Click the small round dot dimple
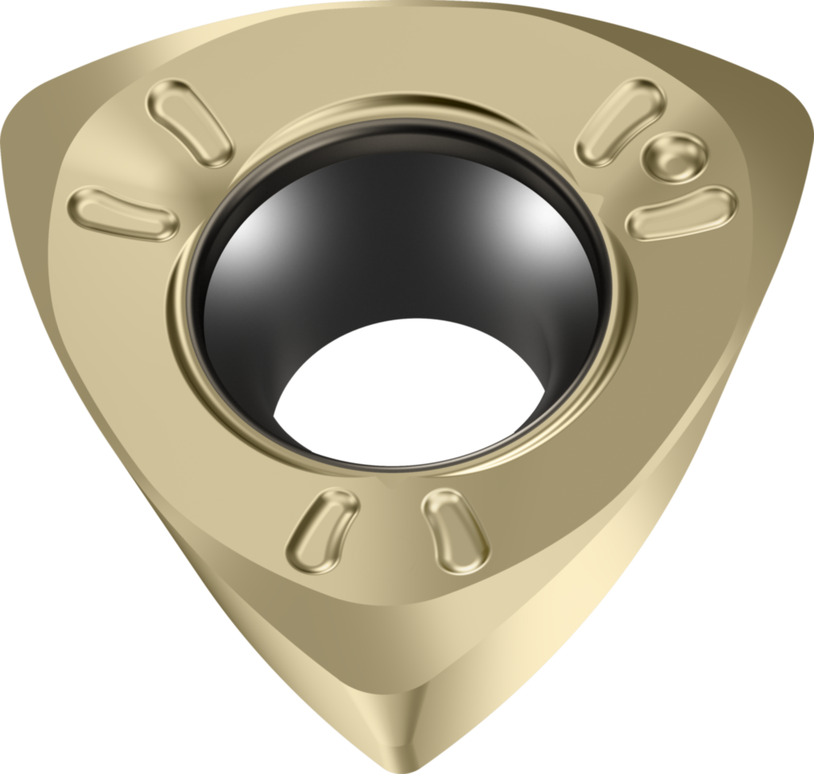[x=674, y=157]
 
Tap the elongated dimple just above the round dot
[x=620, y=122]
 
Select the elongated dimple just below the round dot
[x=681, y=212]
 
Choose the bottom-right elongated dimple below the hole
[x=455, y=530]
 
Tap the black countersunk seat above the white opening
[x=397, y=238]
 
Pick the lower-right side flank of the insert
[x=620, y=556]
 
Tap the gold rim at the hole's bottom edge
[x=397, y=469]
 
